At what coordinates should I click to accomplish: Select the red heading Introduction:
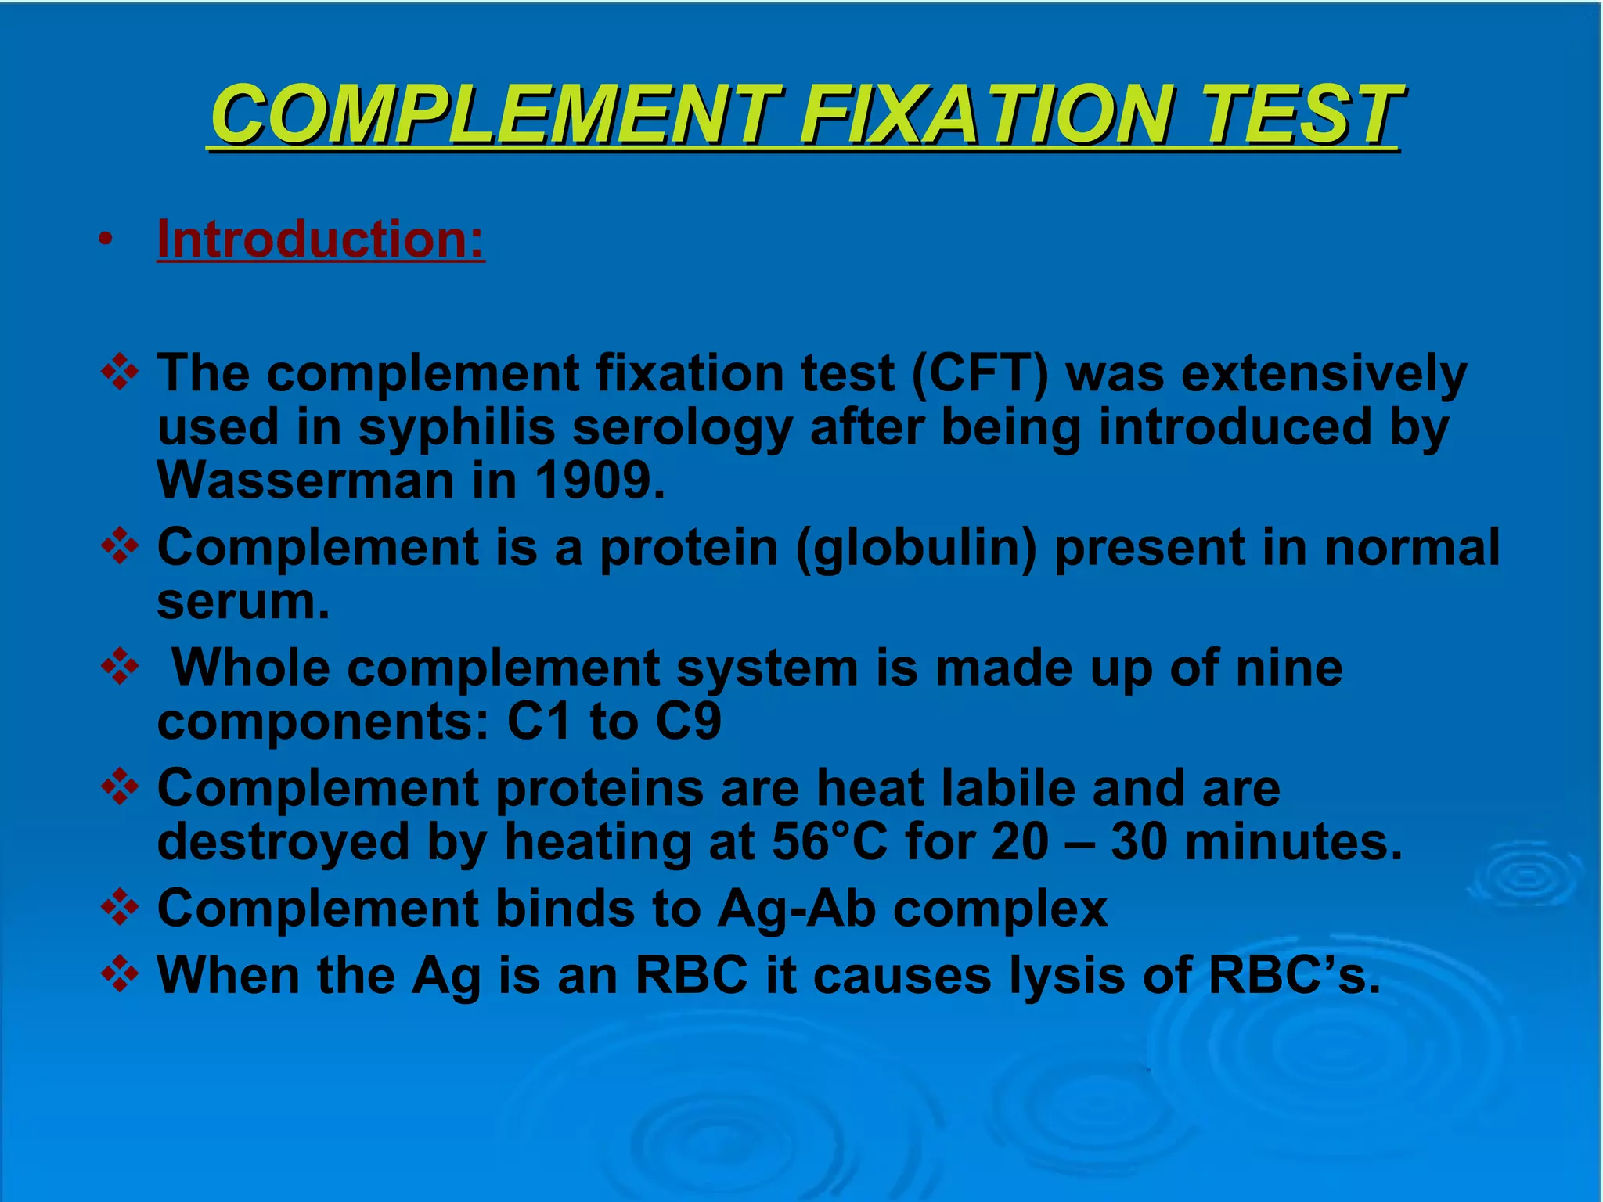tap(321, 239)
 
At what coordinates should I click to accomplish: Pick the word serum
tap(243, 601)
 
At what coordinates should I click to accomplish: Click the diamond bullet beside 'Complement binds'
tap(120, 909)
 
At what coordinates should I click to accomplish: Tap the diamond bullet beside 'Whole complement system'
tap(120, 669)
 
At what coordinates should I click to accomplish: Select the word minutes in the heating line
tap(1293, 842)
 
